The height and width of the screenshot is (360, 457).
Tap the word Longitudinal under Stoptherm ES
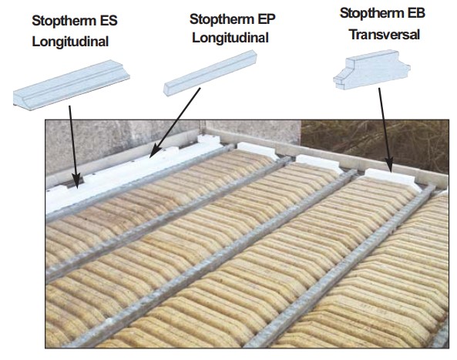(x=70, y=42)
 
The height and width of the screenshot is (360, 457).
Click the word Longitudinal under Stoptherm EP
(x=230, y=38)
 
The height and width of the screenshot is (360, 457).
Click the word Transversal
(x=385, y=35)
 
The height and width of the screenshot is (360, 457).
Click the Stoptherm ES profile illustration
(x=72, y=85)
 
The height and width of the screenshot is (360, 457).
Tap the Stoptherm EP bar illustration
(x=210, y=72)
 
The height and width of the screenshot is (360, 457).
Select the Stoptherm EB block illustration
(x=372, y=70)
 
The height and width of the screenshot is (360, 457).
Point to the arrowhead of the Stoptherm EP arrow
(x=155, y=151)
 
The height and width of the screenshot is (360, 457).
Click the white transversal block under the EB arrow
(x=390, y=178)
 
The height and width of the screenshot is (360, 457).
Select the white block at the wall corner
(x=210, y=141)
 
